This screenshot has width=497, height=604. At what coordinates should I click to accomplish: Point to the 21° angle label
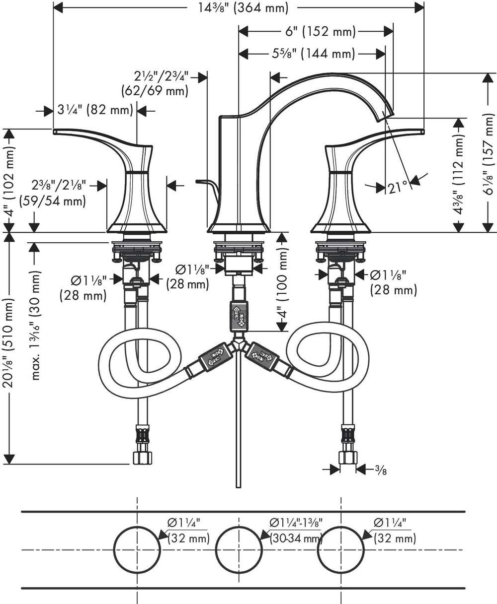pos(398,187)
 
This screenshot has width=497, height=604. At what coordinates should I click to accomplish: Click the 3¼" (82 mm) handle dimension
pos(94,110)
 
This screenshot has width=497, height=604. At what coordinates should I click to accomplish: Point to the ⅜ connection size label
pos(381,469)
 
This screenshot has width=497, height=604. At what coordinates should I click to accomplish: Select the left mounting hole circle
pos(137,549)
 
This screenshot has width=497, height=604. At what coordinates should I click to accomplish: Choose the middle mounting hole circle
pos(239,549)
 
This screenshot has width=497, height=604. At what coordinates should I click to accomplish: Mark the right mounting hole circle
pos(341,549)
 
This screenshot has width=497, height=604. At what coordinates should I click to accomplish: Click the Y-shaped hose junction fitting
pos(239,344)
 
